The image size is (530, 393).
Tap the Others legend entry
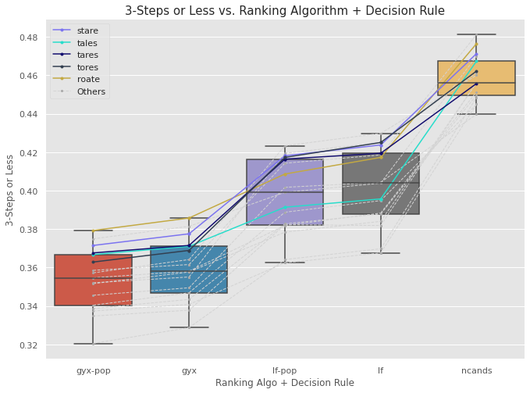point(79,91)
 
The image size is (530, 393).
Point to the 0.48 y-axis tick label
point(29,38)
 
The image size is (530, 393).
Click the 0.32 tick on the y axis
point(29,345)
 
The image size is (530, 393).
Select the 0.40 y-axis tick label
point(29,191)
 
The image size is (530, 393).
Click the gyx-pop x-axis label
point(94,370)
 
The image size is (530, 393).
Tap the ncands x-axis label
point(477,370)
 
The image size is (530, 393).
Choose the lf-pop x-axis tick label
point(285,370)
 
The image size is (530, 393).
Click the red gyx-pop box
point(94,280)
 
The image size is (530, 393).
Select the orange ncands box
point(477,78)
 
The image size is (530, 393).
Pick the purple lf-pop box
point(285,192)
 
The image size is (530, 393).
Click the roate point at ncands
point(477,44)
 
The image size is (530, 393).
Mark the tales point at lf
point(381,199)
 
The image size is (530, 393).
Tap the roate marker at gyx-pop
point(94,231)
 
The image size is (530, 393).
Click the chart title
point(285,10)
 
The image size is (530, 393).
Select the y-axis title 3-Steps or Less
point(9,191)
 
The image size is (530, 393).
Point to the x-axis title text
point(285,383)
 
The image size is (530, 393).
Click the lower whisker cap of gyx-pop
point(94,344)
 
